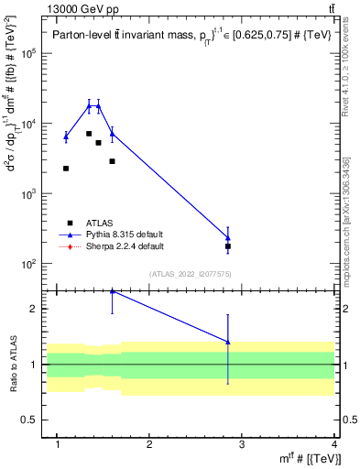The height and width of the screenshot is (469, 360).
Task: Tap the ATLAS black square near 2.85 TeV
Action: coord(228,246)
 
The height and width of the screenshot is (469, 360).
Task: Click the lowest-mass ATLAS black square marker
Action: coord(66,169)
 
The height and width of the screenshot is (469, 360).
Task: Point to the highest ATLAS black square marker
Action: coord(89,134)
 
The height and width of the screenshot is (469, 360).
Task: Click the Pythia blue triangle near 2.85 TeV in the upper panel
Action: coord(228,238)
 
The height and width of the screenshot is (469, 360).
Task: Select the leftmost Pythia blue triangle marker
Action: coord(66,136)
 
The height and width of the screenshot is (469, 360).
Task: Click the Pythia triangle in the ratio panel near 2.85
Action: coord(228,343)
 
